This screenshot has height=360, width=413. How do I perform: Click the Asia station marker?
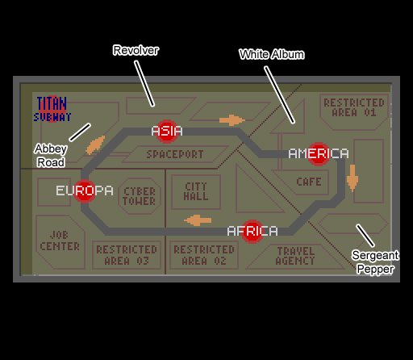(167, 132)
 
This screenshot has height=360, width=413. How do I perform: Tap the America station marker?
(319, 154)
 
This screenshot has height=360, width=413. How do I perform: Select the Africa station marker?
(252, 232)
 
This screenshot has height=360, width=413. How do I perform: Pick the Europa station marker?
(85, 190)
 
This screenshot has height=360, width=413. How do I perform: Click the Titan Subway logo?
(52, 109)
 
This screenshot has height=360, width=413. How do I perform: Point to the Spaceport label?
(175, 154)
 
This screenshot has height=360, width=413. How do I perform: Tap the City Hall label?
(196, 191)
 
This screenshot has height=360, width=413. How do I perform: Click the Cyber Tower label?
(140, 196)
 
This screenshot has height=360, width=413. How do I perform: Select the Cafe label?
(309, 182)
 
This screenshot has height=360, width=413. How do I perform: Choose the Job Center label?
(60, 241)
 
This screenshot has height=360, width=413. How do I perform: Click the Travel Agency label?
(295, 256)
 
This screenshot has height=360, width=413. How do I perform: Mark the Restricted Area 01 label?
(354, 107)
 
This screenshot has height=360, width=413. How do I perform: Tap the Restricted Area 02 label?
(204, 255)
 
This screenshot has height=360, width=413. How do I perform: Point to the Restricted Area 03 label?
(127, 255)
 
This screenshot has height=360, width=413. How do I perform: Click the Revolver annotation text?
(136, 50)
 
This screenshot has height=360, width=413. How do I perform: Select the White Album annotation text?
(272, 54)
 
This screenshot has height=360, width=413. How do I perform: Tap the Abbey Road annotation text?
(51, 156)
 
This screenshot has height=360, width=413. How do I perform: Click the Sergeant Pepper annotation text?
(375, 262)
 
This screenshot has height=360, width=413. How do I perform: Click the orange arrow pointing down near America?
(353, 178)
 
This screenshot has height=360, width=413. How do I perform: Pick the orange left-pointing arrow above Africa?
(198, 220)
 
